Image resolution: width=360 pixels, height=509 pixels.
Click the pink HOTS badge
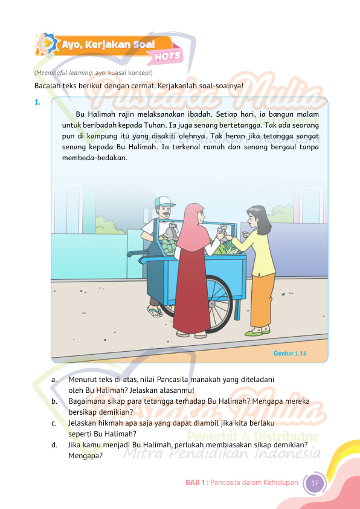coord(168,56)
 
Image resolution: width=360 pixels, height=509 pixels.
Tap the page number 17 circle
coord(314,483)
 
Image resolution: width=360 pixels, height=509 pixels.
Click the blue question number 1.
coord(37,102)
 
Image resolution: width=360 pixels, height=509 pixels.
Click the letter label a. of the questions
coord(54,380)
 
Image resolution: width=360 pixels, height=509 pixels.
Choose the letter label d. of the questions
coord(54,445)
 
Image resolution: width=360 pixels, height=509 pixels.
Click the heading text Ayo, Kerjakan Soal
coord(109,44)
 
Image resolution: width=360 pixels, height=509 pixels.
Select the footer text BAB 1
coord(196,483)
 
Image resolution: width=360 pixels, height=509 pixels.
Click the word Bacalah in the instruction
coord(48,85)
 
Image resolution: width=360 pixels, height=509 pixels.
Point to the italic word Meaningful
coord(52,73)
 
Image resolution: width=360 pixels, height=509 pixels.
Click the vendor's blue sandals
coord(155,312)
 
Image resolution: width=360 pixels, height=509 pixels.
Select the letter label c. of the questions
coord(54,423)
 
